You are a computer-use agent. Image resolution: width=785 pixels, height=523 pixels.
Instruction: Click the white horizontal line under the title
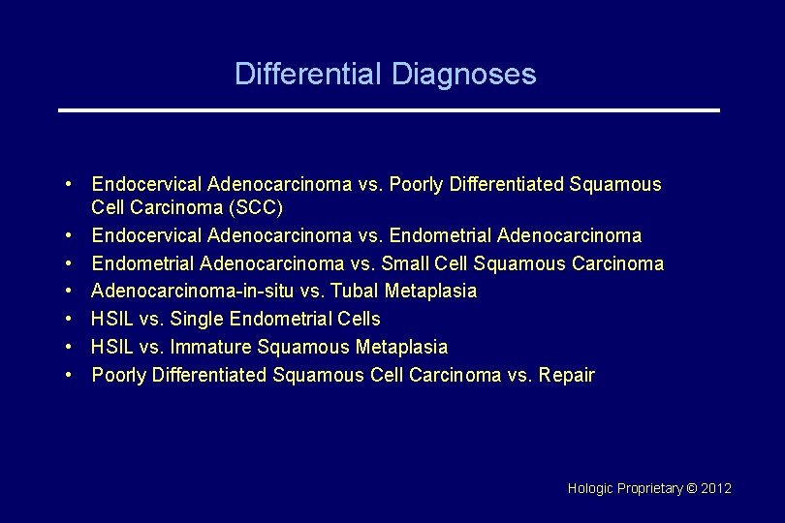coord(389,110)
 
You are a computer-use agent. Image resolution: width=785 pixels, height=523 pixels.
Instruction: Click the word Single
coord(197,319)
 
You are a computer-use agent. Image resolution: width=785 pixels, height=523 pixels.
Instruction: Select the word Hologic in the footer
coord(589,488)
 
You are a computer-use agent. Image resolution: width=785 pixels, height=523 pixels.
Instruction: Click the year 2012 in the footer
coord(716,488)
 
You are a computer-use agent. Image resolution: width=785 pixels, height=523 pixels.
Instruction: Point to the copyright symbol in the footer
coord(691,488)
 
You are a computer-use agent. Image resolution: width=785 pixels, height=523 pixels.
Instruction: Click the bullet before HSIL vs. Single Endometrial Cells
coord(72,319)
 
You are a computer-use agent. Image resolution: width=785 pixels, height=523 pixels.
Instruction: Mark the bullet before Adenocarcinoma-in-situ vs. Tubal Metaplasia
coord(72,291)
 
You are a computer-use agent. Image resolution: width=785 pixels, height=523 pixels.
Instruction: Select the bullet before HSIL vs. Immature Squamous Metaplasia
coord(72,347)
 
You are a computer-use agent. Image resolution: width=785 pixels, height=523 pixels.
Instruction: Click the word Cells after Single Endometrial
coord(359,319)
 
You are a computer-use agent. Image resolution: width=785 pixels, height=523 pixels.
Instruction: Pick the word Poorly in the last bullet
coord(117,375)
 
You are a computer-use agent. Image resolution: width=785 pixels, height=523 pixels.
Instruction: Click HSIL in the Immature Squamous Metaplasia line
coord(110,347)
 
